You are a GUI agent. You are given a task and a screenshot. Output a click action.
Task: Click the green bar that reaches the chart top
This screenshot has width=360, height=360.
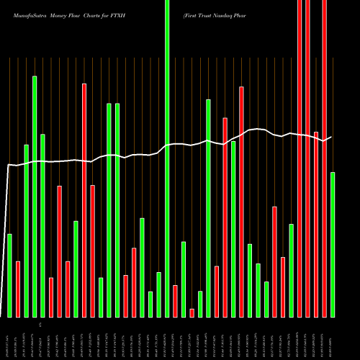167,158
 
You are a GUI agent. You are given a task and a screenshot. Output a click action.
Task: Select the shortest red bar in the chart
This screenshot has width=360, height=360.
192,312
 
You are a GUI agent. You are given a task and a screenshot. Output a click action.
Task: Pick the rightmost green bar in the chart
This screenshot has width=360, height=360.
333,245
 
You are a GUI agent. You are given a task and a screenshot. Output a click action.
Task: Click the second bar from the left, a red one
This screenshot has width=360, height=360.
18,289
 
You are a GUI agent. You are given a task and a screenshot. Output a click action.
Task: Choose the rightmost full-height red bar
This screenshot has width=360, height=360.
324,158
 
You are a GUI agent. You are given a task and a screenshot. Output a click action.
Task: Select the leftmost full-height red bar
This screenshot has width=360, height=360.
300,158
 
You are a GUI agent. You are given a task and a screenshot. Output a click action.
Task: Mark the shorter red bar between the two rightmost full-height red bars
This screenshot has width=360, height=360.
316,224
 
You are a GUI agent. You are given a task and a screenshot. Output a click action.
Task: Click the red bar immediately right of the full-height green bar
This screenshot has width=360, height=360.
175,301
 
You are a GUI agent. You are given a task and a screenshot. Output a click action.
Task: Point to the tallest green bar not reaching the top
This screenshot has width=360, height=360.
35,196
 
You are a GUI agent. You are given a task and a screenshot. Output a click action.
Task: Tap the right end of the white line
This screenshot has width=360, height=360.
331,137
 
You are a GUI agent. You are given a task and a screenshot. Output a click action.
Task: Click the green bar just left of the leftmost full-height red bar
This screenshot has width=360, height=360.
292,270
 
